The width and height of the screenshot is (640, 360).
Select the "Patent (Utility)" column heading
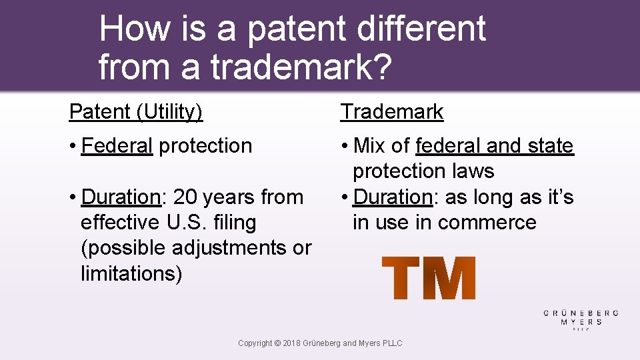click(136, 111)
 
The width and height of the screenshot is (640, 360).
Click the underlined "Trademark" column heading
click(392, 111)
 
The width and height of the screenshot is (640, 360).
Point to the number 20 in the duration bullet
click(186, 197)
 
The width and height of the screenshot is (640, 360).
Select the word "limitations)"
click(131, 273)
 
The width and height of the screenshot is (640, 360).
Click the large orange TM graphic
click(429, 278)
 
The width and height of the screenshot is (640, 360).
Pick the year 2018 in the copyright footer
click(292, 343)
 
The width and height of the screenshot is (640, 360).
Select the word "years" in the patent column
click(231, 197)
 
